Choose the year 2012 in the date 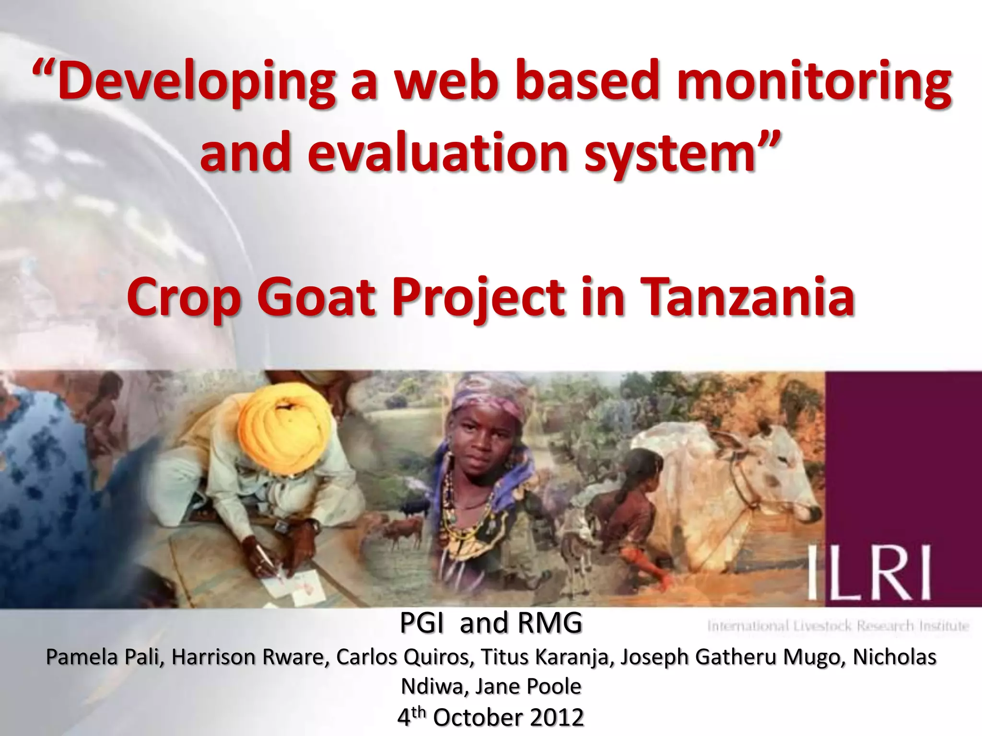(x=557, y=717)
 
